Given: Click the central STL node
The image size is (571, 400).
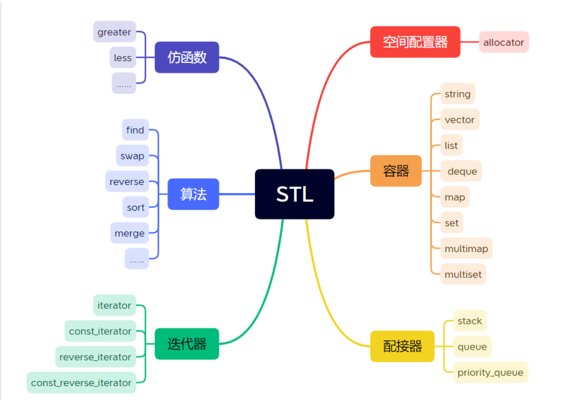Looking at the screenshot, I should tap(294, 194).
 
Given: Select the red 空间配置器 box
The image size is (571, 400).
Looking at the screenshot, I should tap(415, 42).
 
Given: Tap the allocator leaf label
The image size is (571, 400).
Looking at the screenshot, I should tap(503, 42).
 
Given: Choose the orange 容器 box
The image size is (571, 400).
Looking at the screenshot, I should tap(396, 171).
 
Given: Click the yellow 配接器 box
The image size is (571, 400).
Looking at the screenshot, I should tap(402, 346).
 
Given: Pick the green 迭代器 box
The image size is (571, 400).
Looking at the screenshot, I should tap(187, 344).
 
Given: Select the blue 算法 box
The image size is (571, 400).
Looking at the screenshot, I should tap(193, 194).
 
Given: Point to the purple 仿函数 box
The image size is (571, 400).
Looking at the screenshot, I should tap(187, 57).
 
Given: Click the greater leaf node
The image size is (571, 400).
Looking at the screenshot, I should tap(115, 32).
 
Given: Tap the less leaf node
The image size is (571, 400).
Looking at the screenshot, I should tap(123, 58).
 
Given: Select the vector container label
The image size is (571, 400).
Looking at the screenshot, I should tap(459, 120).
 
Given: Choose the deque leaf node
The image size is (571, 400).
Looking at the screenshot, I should tap(462, 171).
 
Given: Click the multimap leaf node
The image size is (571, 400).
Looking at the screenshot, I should tap(466, 249).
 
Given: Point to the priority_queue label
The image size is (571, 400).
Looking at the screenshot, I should tap(490, 372).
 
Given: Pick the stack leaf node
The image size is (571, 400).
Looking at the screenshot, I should tap(470, 321).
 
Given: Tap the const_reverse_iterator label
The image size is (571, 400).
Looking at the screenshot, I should tap(81, 382).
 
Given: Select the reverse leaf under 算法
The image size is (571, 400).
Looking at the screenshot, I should tap(127, 182).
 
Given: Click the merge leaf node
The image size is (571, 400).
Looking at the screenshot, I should tap(129, 233).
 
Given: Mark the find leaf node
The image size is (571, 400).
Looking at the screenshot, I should tap(135, 130).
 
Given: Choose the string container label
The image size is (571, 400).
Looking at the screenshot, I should tap(457, 94).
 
